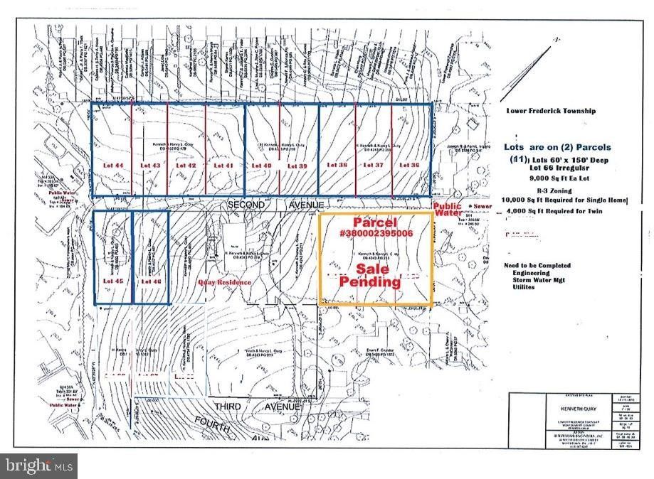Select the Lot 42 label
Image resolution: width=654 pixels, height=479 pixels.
186,165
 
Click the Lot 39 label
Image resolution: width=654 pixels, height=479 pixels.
297,165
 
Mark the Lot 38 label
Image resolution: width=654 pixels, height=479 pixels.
337,165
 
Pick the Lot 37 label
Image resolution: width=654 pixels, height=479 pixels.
374,165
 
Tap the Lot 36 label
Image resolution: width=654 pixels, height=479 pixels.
409,165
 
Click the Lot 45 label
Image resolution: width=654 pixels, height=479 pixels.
113,281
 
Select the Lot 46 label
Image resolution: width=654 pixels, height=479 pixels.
150,281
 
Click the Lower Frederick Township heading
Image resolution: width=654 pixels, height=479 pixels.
552,111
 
